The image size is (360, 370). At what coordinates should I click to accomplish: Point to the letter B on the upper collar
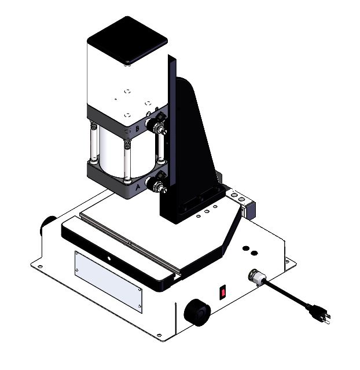click(x=137, y=128)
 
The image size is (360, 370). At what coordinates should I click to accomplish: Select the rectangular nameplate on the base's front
click(x=108, y=279)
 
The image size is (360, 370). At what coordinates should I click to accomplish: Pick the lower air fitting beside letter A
click(x=156, y=185)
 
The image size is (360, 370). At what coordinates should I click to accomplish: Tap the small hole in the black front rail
click(x=108, y=255)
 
